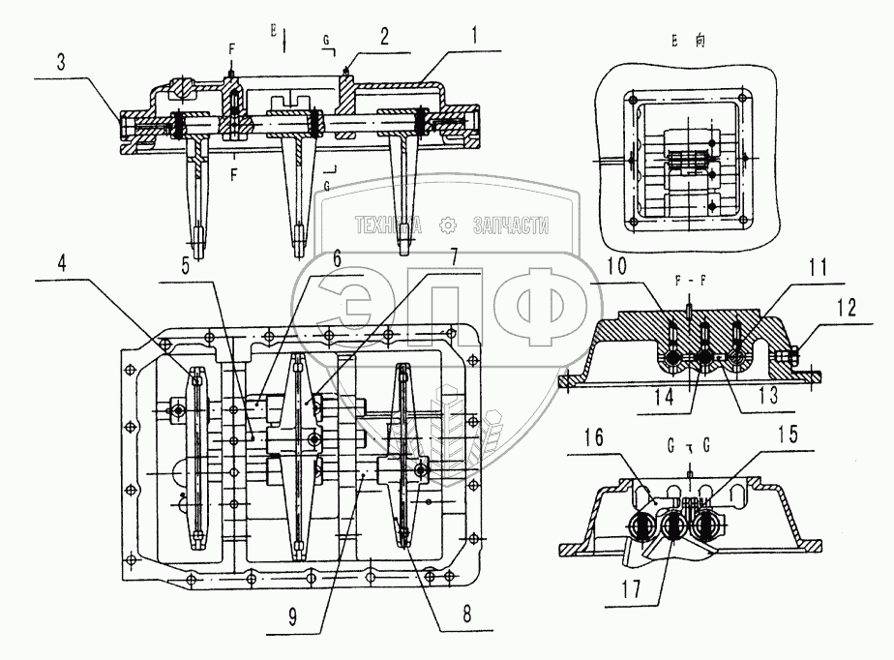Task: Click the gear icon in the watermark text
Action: pos(447,227)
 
